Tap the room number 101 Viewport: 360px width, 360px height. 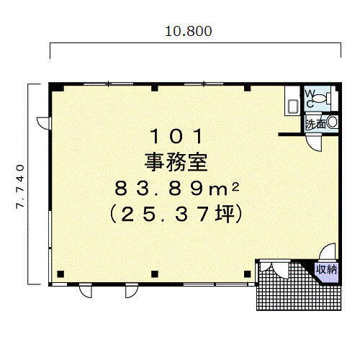tap(178, 136)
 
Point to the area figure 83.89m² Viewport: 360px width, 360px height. tap(178, 188)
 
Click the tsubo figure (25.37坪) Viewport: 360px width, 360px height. tap(178, 214)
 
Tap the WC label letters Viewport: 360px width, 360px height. tap(310, 99)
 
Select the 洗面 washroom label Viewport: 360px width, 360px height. tap(314, 124)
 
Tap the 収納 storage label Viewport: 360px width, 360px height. tap(327, 269)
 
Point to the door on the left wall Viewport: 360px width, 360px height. tap(44, 123)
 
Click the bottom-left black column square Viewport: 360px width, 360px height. tap(60, 274)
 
